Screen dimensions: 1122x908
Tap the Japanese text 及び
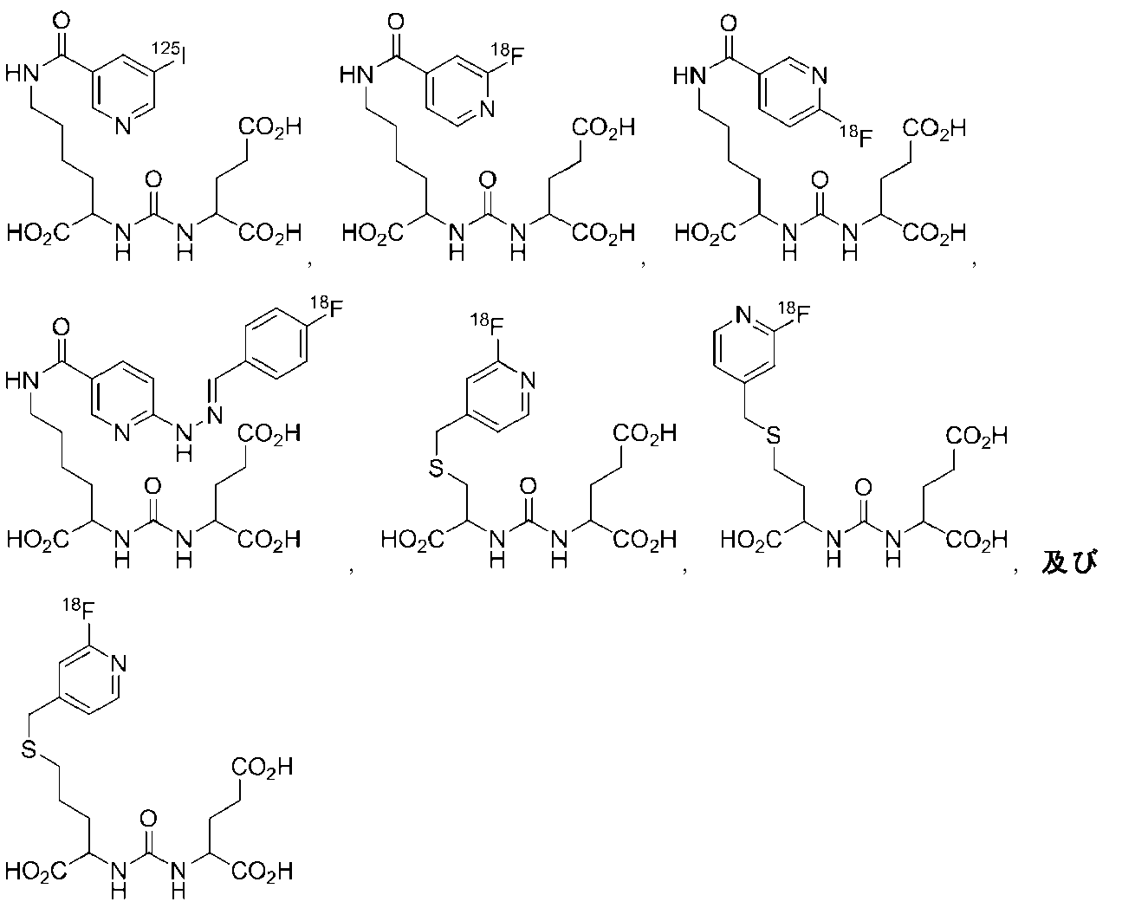tap(1070, 561)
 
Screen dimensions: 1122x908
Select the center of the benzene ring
tap(276, 343)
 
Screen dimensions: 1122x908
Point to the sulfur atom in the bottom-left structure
tap(29, 749)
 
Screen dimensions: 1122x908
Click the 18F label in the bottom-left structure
tap(79, 608)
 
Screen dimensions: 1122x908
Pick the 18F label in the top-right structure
tap(856, 136)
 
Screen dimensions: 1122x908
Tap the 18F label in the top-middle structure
tap(508, 55)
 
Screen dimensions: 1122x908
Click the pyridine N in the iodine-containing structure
tap(123, 126)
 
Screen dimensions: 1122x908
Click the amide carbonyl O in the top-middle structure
tap(396, 23)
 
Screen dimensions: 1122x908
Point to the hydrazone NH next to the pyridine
tap(184, 443)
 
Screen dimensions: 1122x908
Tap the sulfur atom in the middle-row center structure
tap(436, 467)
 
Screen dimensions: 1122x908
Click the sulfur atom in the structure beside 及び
tap(773, 435)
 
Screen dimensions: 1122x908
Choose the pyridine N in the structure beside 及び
tap(743, 315)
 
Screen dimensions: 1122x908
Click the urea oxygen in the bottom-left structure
tap(148, 819)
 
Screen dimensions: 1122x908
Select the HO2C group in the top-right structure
tap(705, 233)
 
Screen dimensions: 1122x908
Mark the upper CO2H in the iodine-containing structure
tap(270, 127)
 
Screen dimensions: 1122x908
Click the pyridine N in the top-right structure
tap(820, 75)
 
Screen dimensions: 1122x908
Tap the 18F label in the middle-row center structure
tap(487, 324)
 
